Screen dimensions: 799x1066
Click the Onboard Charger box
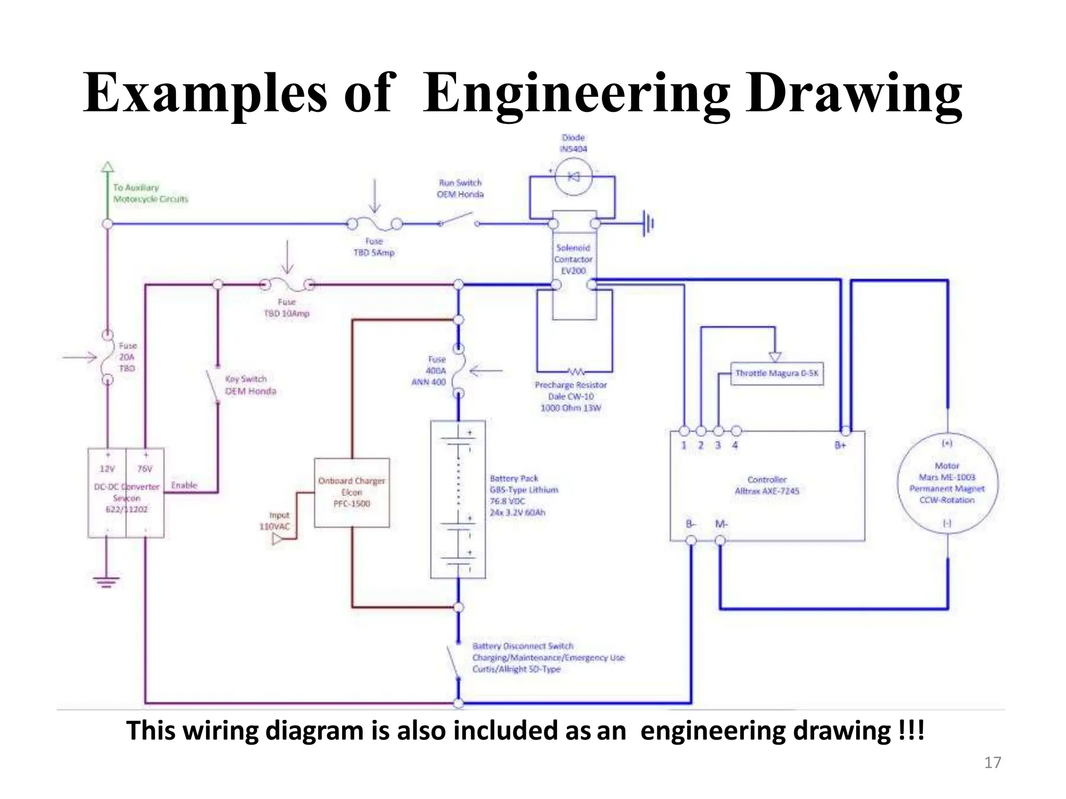point(352,493)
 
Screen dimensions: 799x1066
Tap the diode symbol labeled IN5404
point(573,177)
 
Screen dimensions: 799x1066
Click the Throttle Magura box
point(777,373)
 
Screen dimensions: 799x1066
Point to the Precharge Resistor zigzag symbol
point(576,372)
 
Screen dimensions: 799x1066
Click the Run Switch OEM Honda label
point(460,188)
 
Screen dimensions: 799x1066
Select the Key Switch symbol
point(213,385)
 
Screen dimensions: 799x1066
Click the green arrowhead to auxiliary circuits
point(107,167)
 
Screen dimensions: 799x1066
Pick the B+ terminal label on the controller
point(840,445)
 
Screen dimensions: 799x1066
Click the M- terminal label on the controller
point(721,524)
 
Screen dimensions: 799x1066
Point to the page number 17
point(993,763)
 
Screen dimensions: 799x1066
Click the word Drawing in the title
point(854,94)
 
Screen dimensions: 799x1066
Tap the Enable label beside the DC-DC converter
point(184,485)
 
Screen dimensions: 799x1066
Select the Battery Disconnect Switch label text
point(523,646)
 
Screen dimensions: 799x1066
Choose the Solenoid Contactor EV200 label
point(573,259)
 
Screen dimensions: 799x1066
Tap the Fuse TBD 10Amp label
point(287,308)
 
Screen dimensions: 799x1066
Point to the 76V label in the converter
point(145,469)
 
